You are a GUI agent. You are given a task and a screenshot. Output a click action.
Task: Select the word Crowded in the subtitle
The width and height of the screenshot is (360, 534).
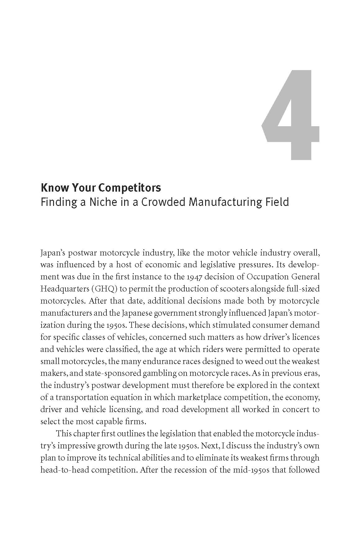[x=164, y=202]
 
